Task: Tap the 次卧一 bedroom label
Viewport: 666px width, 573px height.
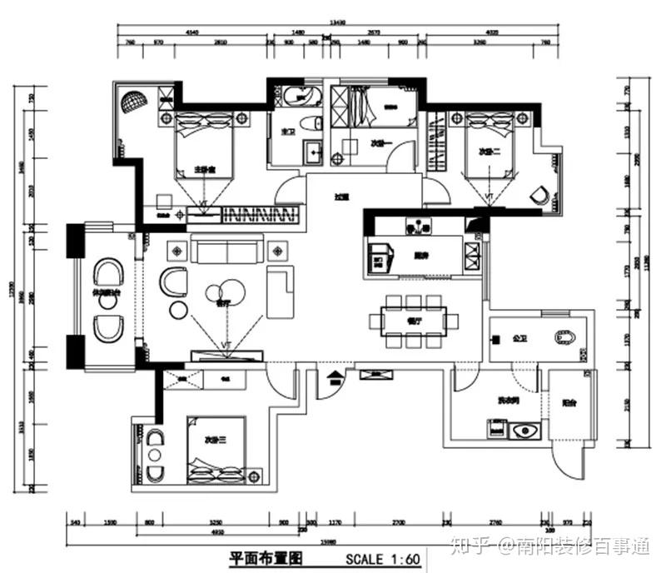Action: coord(381,144)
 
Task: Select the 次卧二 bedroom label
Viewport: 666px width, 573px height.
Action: coord(489,152)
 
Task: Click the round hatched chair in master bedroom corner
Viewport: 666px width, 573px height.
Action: coord(134,102)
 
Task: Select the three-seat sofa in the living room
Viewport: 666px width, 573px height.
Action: coord(226,247)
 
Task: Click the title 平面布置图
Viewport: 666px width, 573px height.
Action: coord(263,558)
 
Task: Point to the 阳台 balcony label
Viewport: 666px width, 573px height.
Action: coord(569,404)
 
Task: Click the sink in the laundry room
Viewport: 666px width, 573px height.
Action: coord(524,431)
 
